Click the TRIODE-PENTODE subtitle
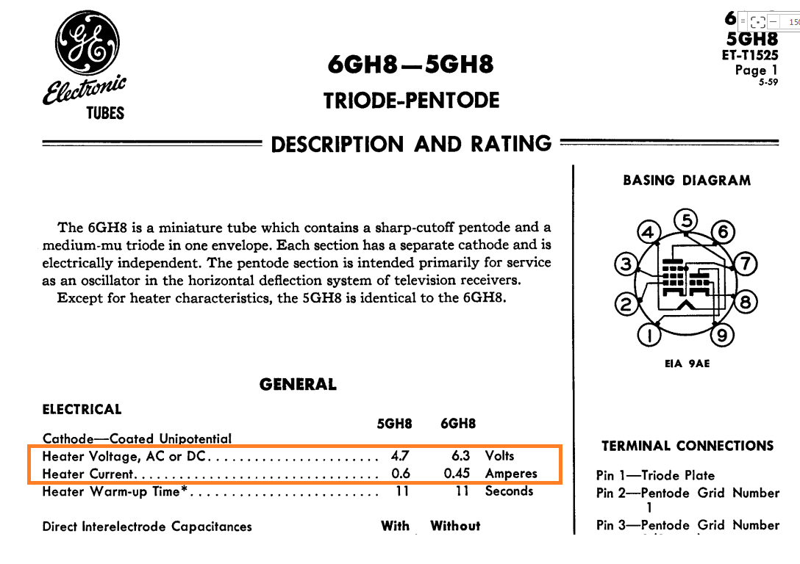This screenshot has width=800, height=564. click(x=411, y=101)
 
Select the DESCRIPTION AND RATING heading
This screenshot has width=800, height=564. click(x=411, y=144)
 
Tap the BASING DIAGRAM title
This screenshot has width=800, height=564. click(x=687, y=181)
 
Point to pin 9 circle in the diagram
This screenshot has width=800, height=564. click(x=724, y=336)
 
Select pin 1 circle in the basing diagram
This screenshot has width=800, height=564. click(x=649, y=336)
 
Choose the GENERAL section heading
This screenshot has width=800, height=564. click(x=298, y=385)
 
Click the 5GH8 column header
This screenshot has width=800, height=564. click(x=394, y=424)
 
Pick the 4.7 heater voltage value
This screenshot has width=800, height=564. click(x=400, y=456)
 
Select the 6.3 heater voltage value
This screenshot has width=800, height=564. click(x=461, y=456)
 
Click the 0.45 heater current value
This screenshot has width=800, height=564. click(x=457, y=474)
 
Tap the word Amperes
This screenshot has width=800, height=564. click(x=511, y=474)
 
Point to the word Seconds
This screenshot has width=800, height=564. click(x=509, y=491)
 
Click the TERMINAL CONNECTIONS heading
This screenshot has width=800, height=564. click(x=687, y=446)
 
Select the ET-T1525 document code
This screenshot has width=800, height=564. click(x=750, y=55)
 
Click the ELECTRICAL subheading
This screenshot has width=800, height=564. click(x=82, y=410)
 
